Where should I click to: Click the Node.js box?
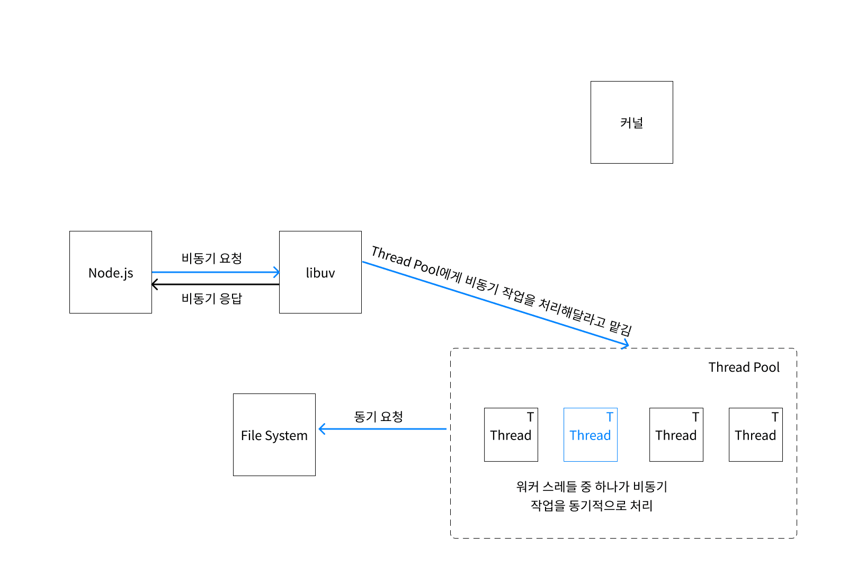pyautogui.click(x=110, y=272)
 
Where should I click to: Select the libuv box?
pyautogui.click(x=320, y=272)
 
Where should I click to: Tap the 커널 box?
pyautogui.click(x=631, y=122)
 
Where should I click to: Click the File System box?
pyautogui.click(x=274, y=435)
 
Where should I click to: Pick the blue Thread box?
pyautogui.click(x=590, y=435)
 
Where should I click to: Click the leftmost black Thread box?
pyautogui.click(x=511, y=435)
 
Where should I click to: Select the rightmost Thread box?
pyautogui.click(x=755, y=435)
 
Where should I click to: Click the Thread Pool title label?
pyautogui.click(x=744, y=367)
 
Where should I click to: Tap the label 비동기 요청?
pyautogui.click(x=211, y=258)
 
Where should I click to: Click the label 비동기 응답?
pyautogui.click(x=211, y=299)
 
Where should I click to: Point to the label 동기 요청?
pyautogui.click(x=378, y=417)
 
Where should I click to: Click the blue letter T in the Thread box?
pyautogui.click(x=610, y=417)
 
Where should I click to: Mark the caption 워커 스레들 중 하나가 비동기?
pyautogui.click(x=592, y=487)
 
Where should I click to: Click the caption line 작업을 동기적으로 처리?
pyautogui.click(x=592, y=506)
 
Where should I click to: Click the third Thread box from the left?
pyautogui.click(x=676, y=435)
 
